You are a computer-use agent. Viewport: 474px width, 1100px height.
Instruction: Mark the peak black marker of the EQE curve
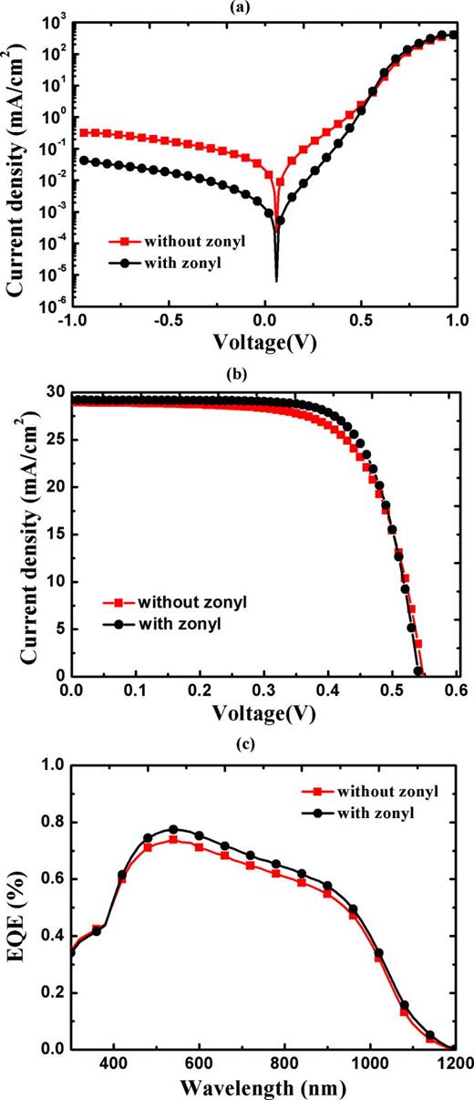click(x=173, y=830)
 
